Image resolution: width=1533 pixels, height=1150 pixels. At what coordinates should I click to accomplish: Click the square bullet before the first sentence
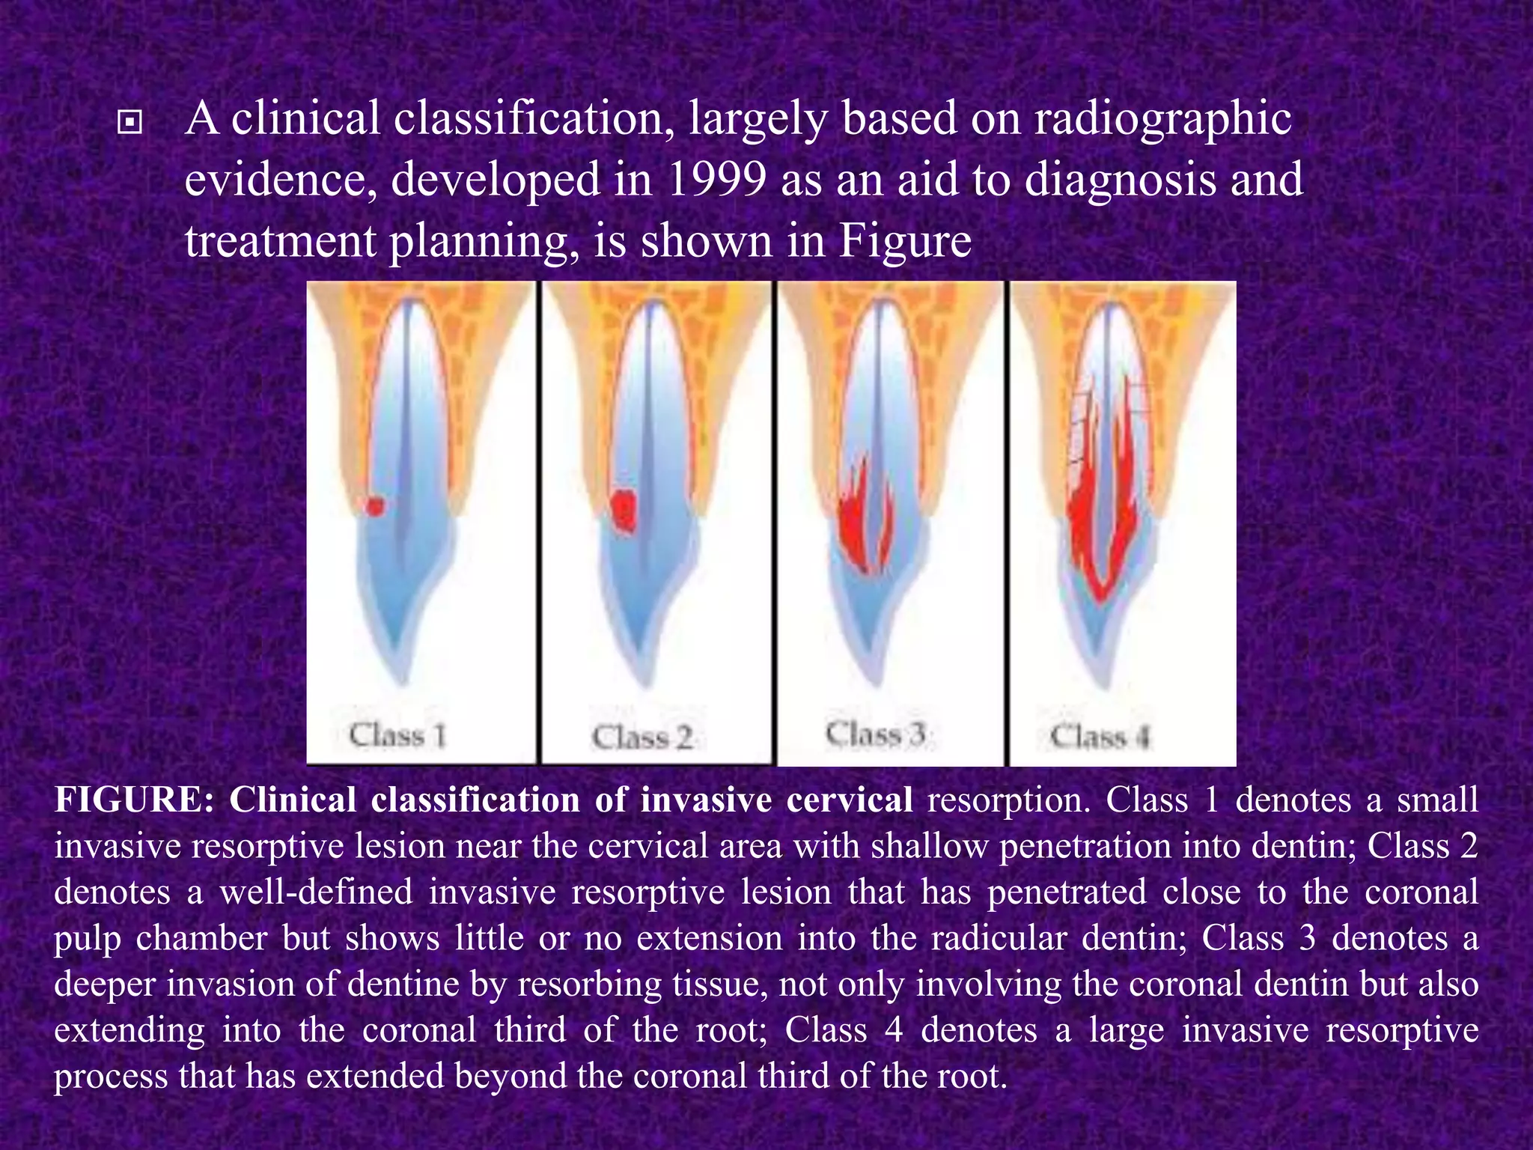click(x=130, y=122)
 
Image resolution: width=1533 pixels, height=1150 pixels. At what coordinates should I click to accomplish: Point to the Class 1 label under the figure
click(x=397, y=735)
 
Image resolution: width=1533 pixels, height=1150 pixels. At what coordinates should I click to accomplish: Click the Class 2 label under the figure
click(x=641, y=738)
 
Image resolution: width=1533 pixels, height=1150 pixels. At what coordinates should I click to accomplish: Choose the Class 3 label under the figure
click(x=876, y=734)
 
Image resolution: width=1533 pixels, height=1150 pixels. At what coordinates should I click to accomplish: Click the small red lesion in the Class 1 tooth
click(x=375, y=506)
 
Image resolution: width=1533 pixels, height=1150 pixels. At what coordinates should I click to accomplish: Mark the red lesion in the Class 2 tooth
click(x=623, y=511)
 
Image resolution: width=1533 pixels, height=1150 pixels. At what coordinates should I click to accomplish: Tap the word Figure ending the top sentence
click(x=904, y=241)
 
